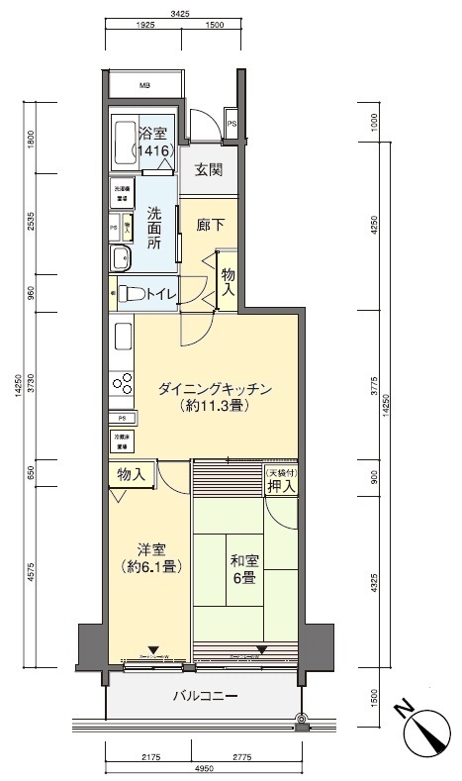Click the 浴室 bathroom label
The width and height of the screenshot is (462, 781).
[x=154, y=134]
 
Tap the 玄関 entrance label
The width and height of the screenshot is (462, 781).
[x=208, y=169]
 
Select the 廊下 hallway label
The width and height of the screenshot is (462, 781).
[x=209, y=224]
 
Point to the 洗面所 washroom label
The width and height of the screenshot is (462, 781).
[x=154, y=227]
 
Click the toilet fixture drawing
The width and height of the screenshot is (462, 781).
[x=131, y=293]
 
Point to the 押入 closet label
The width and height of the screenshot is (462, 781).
[x=281, y=490]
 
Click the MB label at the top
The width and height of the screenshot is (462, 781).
[x=143, y=84]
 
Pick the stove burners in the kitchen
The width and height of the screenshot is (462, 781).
[x=124, y=383]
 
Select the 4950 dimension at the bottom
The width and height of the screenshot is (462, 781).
[x=201, y=769]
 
